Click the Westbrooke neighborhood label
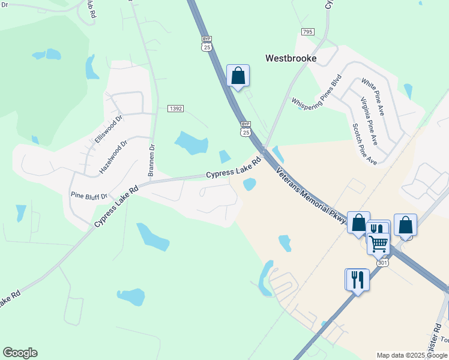click(x=291, y=58)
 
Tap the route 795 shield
click(x=307, y=32)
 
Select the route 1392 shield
click(x=175, y=109)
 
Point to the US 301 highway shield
click(x=382, y=263)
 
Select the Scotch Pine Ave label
click(x=364, y=144)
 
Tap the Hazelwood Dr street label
click(x=113, y=157)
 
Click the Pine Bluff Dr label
click(x=89, y=196)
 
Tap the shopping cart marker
click(x=378, y=244)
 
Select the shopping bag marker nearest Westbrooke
click(x=238, y=76)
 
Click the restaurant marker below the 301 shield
click(x=357, y=280)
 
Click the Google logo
click(x=20, y=353)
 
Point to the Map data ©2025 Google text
click(x=411, y=355)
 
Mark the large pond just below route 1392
click(x=191, y=143)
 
